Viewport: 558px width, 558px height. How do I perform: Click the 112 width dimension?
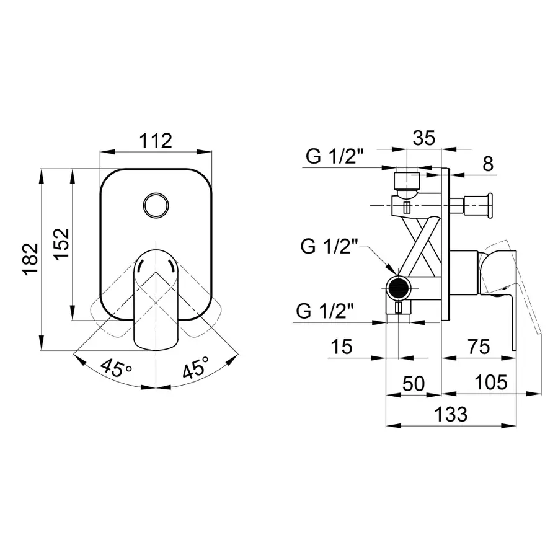point(156,141)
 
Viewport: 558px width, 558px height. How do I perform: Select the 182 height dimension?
point(30,259)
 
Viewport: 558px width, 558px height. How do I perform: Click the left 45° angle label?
point(116,368)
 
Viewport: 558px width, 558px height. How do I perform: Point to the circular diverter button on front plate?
point(156,205)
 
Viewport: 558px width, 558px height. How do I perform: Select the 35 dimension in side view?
point(424,138)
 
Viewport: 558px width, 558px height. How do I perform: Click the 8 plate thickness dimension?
point(488,164)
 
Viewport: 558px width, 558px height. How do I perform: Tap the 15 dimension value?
point(342,346)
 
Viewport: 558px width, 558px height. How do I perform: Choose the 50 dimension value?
point(414,384)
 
